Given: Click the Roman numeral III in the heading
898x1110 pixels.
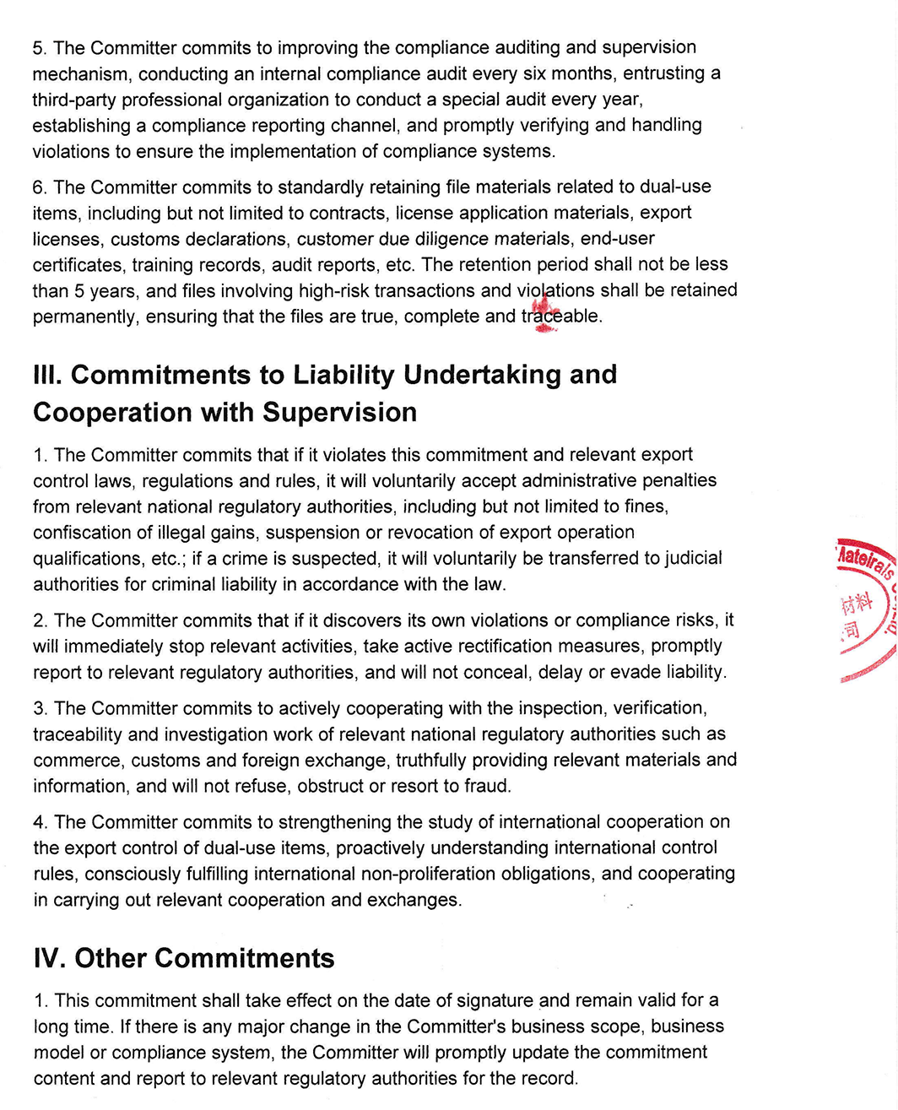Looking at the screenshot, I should tap(46, 375).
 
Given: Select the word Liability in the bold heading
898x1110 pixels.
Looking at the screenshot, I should tap(341, 375).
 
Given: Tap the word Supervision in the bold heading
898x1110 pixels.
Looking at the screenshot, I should tap(339, 413).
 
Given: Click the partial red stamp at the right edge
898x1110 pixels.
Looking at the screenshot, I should tap(866, 608).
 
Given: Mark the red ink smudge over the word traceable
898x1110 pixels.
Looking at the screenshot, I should tap(544, 312).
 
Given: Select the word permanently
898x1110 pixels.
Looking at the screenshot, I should tap(85, 317).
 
